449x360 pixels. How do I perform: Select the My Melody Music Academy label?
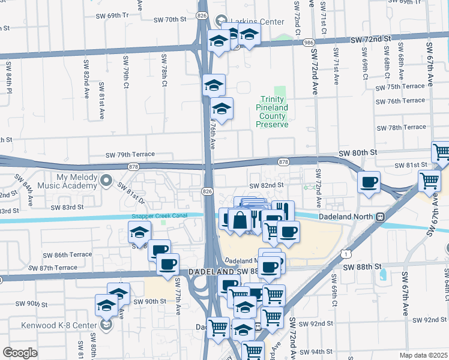click(x=76, y=181)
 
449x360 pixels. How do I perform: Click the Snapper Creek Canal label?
click(x=160, y=216)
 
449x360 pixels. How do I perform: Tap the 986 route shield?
click(x=309, y=43)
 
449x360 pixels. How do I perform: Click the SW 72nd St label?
click(x=370, y=39)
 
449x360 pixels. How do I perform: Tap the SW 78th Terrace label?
click(x=401, y=127)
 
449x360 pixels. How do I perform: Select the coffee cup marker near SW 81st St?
click(x=369, y=181)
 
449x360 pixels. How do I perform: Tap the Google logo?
click(x=20, y=353)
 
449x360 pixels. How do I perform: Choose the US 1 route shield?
click(x=348, y=254)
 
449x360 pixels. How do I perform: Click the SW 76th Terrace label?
click(x=401, y=101)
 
